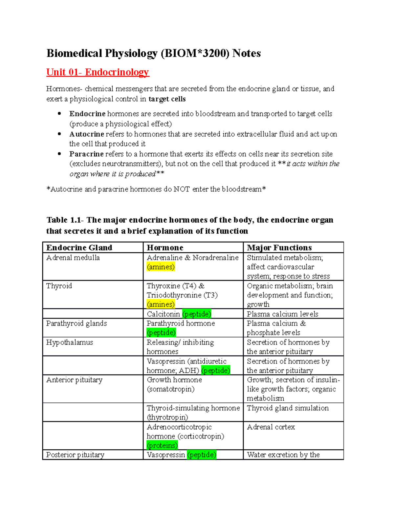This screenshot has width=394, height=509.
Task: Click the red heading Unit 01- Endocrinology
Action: pyautogui.click(x=98, y=72)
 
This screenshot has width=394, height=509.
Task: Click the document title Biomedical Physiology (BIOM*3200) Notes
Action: pyautogui.click(x=153, y=53)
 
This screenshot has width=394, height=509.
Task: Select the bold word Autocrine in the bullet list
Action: pyautogui.click(x=87, y=134)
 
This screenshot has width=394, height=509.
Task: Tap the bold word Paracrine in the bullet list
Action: pyautogui.click(x=86, y=154)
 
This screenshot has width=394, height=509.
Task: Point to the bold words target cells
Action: pyautogui.click(x=167, y=99)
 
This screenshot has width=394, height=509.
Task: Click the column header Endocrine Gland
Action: pyautogui.click(x=79, y=247)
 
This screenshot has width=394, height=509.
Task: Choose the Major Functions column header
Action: pyautogui.click(x=279, y=247)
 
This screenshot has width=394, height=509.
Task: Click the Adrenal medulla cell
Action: pyautogui.click(x=73, y=258)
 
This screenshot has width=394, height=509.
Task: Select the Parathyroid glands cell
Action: pyautogui.click(x=77, y=323)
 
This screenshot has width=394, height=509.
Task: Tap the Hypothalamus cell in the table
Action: pyautogui.click(x=70, y=343)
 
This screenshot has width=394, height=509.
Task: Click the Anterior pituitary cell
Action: pyautogui.click(x=74, y=380)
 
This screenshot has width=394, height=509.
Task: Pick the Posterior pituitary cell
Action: pyautogui.click(x=75, y=455)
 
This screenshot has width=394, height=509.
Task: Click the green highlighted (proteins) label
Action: pyautogui.click(x=162, y=445)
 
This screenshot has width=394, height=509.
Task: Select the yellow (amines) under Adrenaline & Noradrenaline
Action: pyautogui.click(x=161, y=267)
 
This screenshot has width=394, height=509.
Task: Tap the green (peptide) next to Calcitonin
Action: pyautogui.click(x=196, y=314)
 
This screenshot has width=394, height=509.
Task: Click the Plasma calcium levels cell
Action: pyautogui.click(x=282, y=314)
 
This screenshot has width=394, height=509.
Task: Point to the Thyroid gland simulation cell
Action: pyautogui.click(x=288, y=408)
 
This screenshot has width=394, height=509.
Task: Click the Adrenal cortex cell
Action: pyautogui.click(x=271, y=427)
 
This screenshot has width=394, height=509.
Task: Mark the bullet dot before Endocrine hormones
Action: pyautogui.click(x=59, y=114)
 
